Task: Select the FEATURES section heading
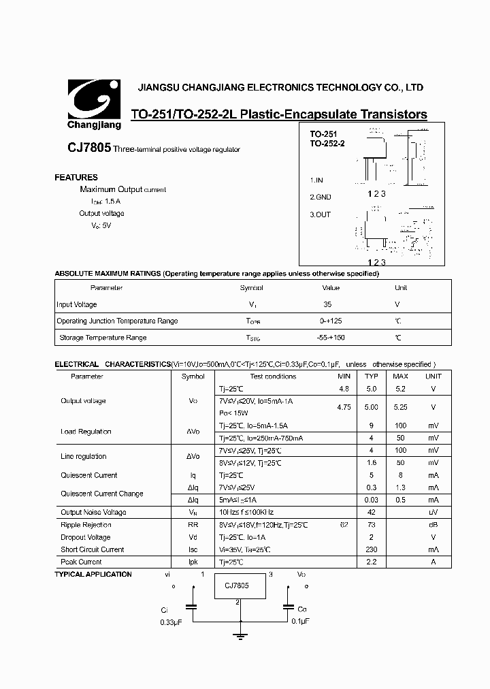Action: (x=76, y=177)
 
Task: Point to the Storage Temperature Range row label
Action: (x=103, y=338)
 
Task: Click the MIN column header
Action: (x=344, y=376)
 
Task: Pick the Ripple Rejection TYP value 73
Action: (x=372, y=525)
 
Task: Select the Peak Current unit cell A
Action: (x=434, y=562)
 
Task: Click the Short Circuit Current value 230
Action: (x=372, y=549)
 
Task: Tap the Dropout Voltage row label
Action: (x=86, y=537)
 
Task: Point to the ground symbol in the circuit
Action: (x=240, y=637)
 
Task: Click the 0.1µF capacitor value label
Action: (x=300, y=622)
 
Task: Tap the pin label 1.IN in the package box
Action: (x=318, y=180)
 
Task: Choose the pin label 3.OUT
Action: (x=321, y=214)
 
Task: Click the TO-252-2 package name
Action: (x=328, y=144)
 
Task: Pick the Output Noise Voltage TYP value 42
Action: (x=372, y=512)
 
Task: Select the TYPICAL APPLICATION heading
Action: (x=93, y=574)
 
